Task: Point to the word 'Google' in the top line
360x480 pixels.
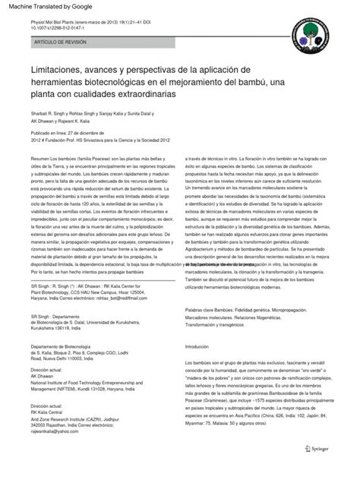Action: tap(82, 8)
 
